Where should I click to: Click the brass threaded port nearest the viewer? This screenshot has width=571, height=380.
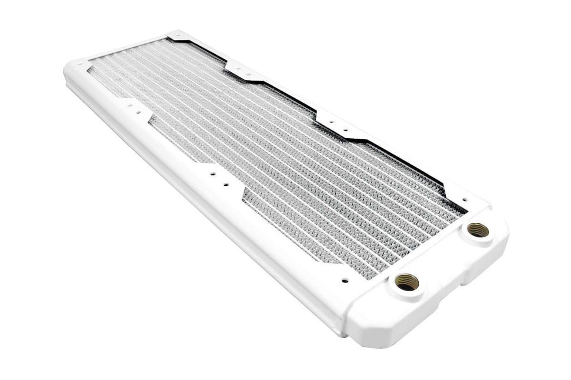click(407, 282)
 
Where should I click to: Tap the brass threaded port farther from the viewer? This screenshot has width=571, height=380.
click(478, 230)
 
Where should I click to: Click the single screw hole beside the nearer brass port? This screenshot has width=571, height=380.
click(345, 280)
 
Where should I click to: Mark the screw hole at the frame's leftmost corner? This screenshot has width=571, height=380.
click(79, 66)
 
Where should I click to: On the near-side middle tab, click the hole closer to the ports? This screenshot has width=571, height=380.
click(226, 184)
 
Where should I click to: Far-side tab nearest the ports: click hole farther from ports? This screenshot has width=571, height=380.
click(332, 122)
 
